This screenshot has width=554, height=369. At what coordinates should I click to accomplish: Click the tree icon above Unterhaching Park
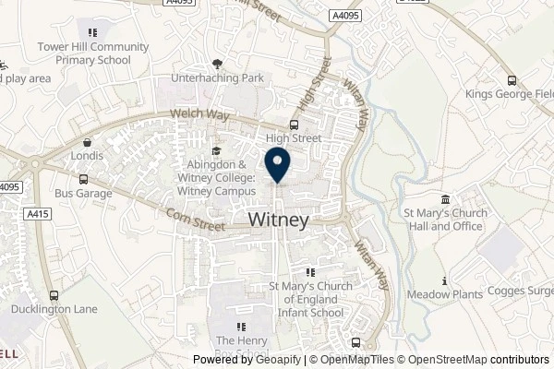coord(217,64)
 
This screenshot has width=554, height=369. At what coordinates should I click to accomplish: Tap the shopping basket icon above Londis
coord(87,143)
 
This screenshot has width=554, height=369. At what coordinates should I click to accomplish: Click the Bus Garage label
coord(83,194)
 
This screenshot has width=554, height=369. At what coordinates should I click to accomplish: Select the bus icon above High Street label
coord(294,125)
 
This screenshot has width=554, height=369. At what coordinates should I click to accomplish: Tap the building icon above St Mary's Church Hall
coord(445,200)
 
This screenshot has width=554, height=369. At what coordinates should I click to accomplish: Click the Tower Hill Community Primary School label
coord(93,54)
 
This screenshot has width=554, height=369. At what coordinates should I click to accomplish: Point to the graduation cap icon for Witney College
coord(216,152)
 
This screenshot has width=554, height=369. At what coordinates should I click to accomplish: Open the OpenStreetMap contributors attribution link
coord(480,361)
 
